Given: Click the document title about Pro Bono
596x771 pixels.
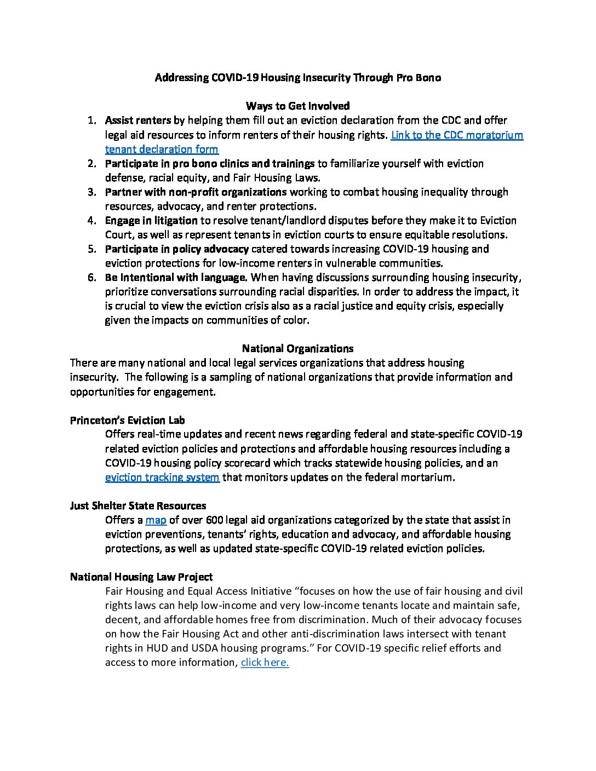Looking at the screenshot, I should [x=297, y=77].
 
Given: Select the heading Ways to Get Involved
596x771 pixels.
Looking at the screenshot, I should [x=297, y=106].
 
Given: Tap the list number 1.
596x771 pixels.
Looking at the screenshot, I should [x=93, y=120].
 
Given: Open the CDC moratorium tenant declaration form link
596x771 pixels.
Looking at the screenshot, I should [x=456, y=135].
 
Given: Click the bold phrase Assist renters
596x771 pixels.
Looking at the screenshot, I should [x=138, y=120].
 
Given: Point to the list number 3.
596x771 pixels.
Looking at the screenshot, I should [x=93, y=192].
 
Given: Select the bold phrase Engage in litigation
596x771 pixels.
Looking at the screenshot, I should [x=151, y=221].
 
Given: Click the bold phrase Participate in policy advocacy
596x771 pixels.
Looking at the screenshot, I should [x=177, y=249].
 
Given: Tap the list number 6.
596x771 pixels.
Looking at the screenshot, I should [x=93, y=278].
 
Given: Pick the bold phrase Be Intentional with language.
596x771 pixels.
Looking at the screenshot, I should [x=176, y=278].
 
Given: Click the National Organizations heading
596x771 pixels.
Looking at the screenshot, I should [x=297, y=349].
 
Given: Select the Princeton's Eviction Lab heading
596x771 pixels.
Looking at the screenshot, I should [x=127, y=421].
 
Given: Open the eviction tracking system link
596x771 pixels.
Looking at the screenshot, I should [x=162, y=477].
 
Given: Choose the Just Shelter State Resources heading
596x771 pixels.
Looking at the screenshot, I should [x=138, y=506].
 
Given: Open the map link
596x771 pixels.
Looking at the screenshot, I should [x=156, y=520].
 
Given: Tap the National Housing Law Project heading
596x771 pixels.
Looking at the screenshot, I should [x=141, y=577].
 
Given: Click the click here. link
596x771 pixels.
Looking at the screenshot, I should [x=265, y=663].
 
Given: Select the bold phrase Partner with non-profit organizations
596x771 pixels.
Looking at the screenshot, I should [x=196, y=192].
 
